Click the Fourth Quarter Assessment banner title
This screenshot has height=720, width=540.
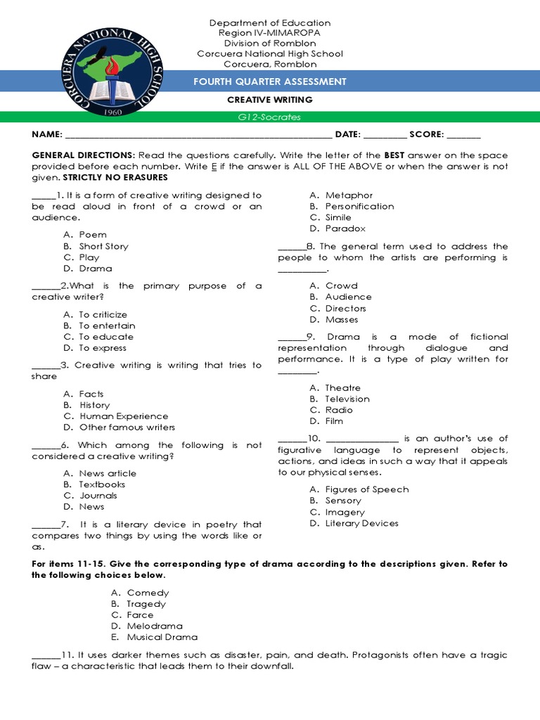[x=270, y=82]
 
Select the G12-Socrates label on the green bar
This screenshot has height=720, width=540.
[x=270, y=117]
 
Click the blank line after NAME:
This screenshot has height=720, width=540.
[x=198, y=135]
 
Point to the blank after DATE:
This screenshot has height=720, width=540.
[x=385, y=135]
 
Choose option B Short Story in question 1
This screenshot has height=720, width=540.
[x=103, y=246]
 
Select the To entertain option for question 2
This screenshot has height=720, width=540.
[x=107, y=326]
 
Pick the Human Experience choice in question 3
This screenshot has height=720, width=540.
[x=123, y=416]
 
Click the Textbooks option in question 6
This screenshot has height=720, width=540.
[x=102, y=484]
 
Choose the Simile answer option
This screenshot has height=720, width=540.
[x=338, y=217]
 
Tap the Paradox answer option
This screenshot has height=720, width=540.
[x=345, y=229]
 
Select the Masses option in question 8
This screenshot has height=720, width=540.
[x=342, y=319]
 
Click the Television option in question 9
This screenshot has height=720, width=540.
[x=347, y=399]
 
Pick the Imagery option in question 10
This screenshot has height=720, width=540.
[x=345, y=512]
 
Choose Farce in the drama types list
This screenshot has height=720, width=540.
[x=140, y=615]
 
